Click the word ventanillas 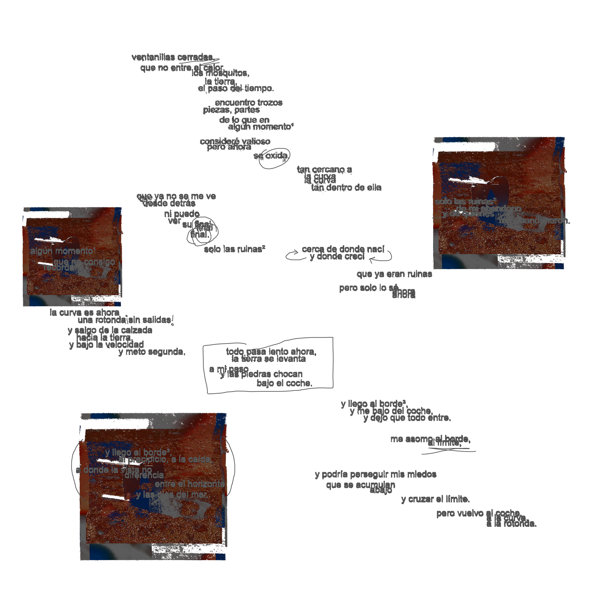coord(153,57)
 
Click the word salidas coord(157,320)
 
